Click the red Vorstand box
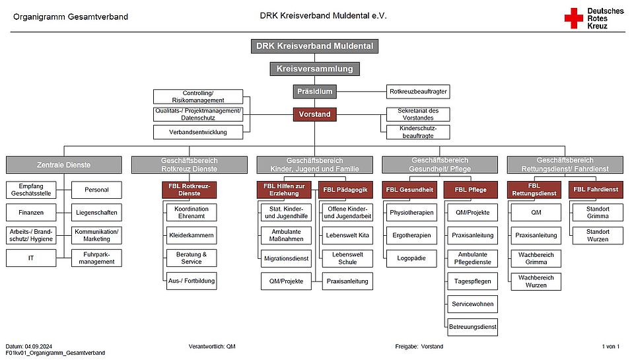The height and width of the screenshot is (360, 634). pyautogui.click(x=314, y=114)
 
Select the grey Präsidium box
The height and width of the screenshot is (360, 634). pyautogui.click(x=314, y=91)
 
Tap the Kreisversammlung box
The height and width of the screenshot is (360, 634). pyautogui.click(x=314, y=69)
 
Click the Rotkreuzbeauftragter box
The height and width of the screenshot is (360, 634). pyautogui.click(x=418, y=91)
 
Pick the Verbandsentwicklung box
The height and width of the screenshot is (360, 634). pyautogui.click(x=197, y=131)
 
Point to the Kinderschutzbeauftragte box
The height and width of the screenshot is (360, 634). pyautogui.click(x=418, y=131)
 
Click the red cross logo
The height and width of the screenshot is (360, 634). pyautogui.click(x=573, y=18)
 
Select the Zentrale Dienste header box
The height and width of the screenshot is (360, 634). pyautogui.click(x=64, y=164)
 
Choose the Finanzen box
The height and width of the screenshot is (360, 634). pyautogui.click(x=31, y=213)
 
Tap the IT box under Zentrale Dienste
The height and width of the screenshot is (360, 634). pyautogui.click(x=31, y=258)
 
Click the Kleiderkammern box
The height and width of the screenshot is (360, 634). pyautogui.click(x=192, y=235)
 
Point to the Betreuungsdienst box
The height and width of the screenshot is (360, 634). pyautogui.click(x=472, y=326)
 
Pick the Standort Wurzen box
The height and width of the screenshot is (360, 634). pyautogui.click(x=598, y=235)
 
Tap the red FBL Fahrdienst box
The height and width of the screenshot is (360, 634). pyautogui.click(x=596, y=190)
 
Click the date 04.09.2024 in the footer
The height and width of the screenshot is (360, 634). pyautogui.click(x=39, y=346)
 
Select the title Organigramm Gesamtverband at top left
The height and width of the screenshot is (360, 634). pyautogui.click(x=71, y=16)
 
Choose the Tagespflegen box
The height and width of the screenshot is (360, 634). pyautogui.click(x=472, y=281)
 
